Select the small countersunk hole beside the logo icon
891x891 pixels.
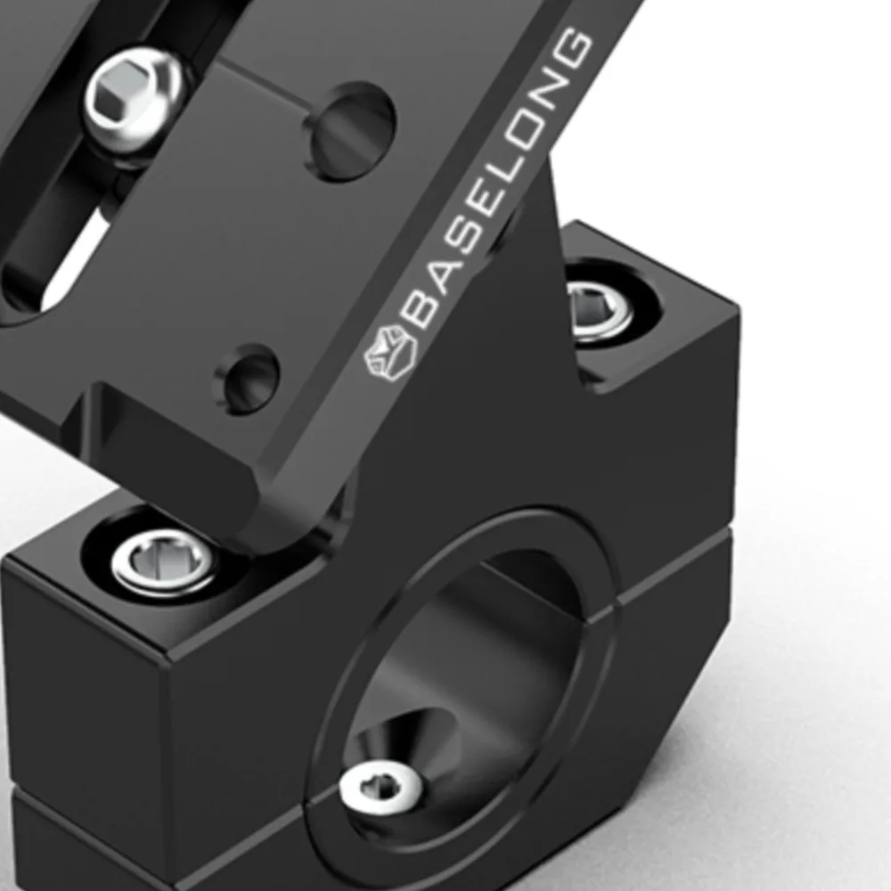tap(247, 377)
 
